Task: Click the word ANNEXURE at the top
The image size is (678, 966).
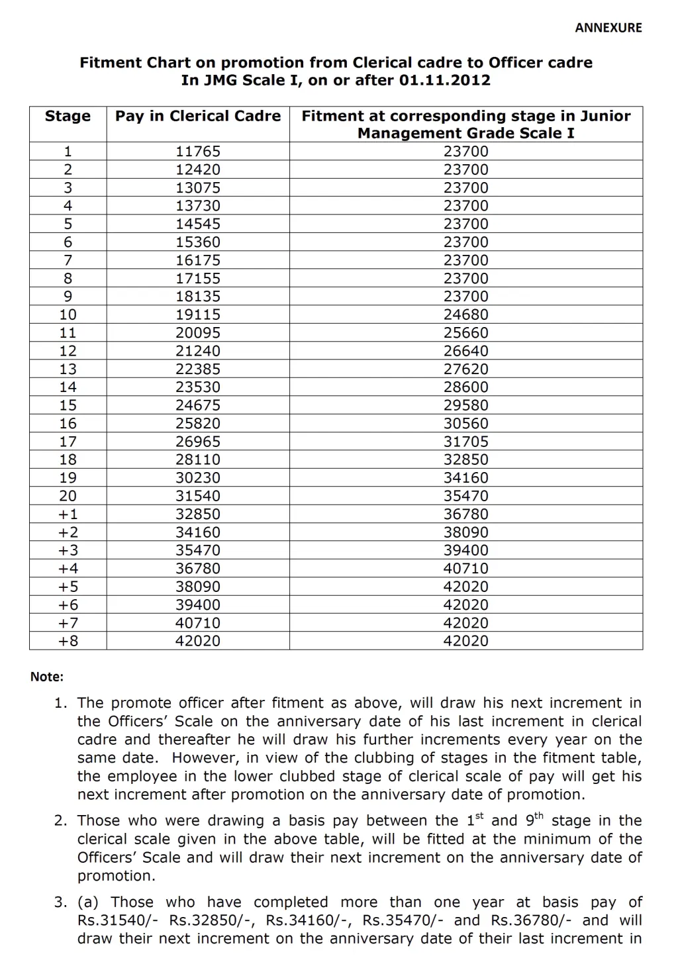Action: click(608, 28)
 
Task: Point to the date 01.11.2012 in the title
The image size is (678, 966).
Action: click(445, 81)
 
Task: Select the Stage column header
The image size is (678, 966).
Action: click(68, 117)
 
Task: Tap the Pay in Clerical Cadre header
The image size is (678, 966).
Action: click(198, 117)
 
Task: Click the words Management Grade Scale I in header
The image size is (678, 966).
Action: click(465, 134)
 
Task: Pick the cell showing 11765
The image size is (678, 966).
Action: click(197, 152)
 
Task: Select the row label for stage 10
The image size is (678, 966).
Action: click(68, 314)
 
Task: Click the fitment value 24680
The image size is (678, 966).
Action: click(465, 314)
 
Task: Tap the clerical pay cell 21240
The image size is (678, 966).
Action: click(197, 351)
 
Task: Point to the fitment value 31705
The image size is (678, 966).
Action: click(465, 442)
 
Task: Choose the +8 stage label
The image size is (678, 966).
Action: click(68, 641)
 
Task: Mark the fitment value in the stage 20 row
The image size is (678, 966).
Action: click(465, 496)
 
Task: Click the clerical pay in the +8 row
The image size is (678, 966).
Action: click(197, 641)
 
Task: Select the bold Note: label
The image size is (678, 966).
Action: click(47, 677)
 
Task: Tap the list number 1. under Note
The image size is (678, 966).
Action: click(61, 703)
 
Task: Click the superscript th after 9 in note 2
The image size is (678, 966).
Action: click(538, 816)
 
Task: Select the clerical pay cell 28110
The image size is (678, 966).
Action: click(197, 459)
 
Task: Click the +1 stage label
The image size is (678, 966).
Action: click(68, 514)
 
